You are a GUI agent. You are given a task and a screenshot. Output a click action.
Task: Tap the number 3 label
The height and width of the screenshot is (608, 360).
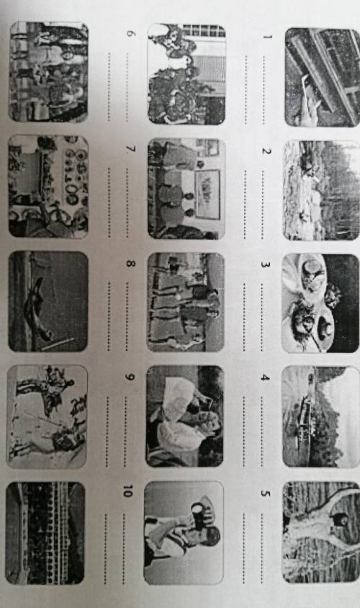pos(265,264)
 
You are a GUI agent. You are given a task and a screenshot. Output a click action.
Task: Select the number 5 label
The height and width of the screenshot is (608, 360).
pos(265,493)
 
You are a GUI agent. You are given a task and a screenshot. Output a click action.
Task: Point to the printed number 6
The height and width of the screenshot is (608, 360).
pos(131,34)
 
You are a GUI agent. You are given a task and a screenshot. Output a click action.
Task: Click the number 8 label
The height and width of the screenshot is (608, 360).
pos(130,264)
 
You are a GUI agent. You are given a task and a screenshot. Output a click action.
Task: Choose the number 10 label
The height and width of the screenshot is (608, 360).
pos(127,491)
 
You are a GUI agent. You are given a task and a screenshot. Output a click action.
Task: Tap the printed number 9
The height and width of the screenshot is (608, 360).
pos(130,377)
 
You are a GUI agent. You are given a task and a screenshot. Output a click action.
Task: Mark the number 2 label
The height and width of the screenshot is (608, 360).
pos(266,151)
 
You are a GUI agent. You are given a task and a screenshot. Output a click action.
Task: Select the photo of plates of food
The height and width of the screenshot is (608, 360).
pos(320,303)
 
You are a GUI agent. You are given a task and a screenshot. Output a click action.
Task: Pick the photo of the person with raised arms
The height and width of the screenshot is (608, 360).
pos(321,532)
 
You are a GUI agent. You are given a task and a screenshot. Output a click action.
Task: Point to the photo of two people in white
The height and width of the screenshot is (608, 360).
pos(185,416)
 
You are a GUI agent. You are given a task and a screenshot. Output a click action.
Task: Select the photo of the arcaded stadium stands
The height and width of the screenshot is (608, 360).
pos(45,533)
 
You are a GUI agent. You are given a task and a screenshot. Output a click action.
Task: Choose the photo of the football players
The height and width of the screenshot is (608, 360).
pos(47,416)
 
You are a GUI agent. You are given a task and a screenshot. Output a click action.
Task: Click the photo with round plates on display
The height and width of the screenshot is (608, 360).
pos(48,186)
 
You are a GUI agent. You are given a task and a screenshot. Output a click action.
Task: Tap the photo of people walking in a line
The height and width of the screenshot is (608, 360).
pos(186,302)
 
